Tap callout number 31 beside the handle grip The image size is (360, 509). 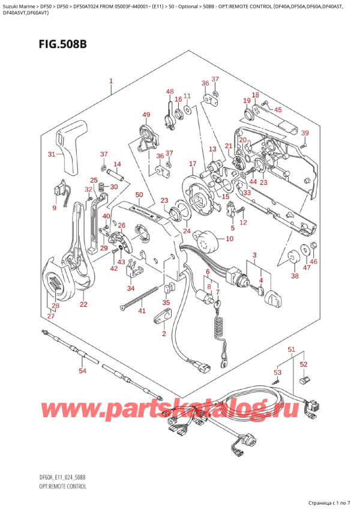(x=52, y=154)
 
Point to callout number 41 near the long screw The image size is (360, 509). (x=142, y=310)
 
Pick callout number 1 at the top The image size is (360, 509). (x=111, y=81)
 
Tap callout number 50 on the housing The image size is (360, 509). (x=139, y=195)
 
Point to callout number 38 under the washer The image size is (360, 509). (x=295, y=276)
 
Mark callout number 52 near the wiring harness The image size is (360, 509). (x=304, y=364)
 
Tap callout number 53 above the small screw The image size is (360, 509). (x=277, y=364)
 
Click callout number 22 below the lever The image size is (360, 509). (x=83, y=304)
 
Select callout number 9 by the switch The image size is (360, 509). (x=54, y=208)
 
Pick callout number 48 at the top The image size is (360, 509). (x=170, y=92)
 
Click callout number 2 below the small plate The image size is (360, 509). (x=164, y=333)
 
